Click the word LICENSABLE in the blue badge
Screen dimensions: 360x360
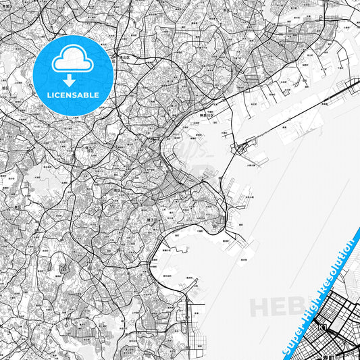point(71,95)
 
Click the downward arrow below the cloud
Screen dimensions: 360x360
point(71,80)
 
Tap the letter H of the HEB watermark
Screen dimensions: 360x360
point(261,308)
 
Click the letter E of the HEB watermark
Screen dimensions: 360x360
point(279,307)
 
